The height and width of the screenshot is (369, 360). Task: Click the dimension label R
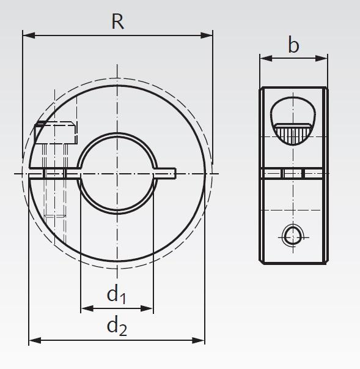coord(117,22)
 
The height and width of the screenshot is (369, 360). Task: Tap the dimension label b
coord(293,45)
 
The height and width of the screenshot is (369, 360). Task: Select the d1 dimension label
coord(116,296)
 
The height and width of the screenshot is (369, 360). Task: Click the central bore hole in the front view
coord(116,174)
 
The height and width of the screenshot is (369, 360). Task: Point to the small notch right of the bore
coord(166,174)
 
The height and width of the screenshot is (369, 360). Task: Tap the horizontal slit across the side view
coord(293,174)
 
